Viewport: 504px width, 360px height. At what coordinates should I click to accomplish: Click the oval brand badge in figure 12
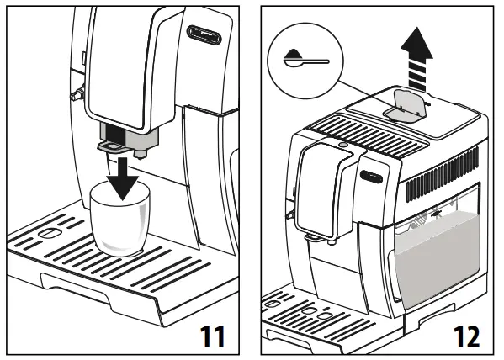tap(371, 174)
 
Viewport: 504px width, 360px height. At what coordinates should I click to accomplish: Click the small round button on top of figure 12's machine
tap(343, 144)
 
